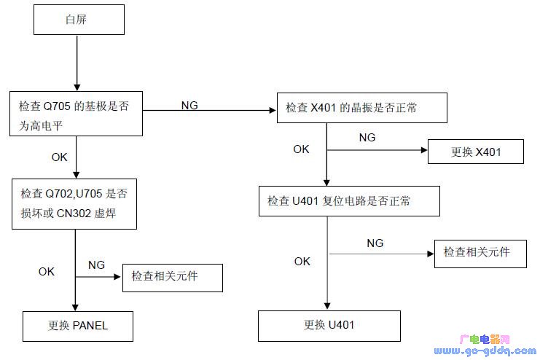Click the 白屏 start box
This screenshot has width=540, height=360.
click(79, 19)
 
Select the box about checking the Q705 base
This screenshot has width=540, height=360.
click(76, 114)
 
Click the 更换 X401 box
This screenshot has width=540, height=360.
click(475, 152)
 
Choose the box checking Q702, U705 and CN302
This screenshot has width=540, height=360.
click(75, 203)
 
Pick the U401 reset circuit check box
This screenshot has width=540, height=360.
click(349, 200)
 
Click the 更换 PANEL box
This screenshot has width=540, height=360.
click(78, 326)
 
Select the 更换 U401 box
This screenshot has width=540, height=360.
click(329, 326)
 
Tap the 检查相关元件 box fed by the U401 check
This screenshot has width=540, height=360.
click(480, 253)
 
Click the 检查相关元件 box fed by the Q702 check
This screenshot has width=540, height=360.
click(172, 277)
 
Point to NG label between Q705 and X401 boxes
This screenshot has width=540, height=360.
click(189, 106)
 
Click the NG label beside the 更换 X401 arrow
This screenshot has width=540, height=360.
click(367, 137)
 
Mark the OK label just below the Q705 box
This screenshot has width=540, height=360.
click(60, 156)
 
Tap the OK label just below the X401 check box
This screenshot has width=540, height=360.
click(301, 149)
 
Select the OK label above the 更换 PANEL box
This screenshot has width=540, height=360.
click(47, 271)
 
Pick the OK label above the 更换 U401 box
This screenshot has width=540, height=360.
click(302, 261)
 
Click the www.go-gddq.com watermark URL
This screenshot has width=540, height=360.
click(488, 351)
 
